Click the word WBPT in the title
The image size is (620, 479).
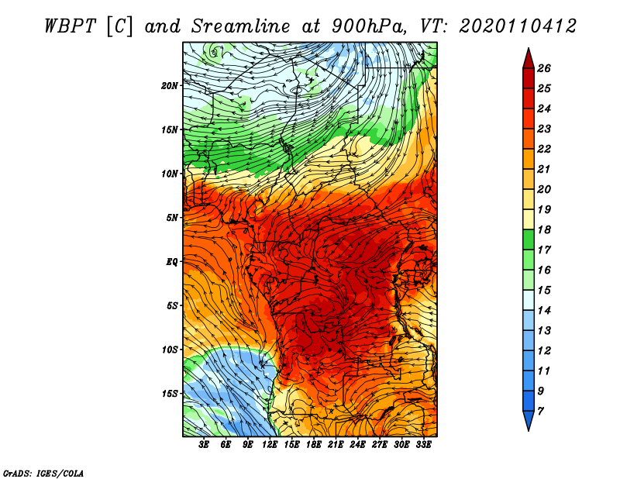pyautogui.click(x=71, y=26)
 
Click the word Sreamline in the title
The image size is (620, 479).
pyautogui.click(x=241, y=26)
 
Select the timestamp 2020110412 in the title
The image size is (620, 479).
pyautogui.click(x=518, y=26)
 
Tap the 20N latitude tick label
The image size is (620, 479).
pyautogui.click(x=170, y=86)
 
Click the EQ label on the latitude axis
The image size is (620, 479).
pyautogui.click(x=172, y=262)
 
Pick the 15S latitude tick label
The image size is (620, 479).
pyautogui.click(x=170, y=394)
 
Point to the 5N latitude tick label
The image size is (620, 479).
pyautogui.click(x=172, y=218)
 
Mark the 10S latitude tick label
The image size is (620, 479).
pyautogui.click(x=170, y=350)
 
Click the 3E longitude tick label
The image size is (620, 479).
pyautogui.click(x=204, y=445)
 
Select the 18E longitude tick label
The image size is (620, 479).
pyautogui.click(x=314, y=445)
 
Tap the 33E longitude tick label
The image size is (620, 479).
pyautogui.click(x=423, y=445)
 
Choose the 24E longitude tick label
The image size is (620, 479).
pyautogui.click(x=357, y=445)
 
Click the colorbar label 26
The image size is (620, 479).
pyautogui.click(x=544, y=68)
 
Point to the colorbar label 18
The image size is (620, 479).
pyautogui.click(x=544, y=229)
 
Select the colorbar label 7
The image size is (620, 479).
pyautogui.click(x=540, y=412)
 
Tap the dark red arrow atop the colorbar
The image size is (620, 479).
pyautogui.click(x=529, y=59)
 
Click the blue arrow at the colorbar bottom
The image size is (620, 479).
pyautogui.click(x=529, y=421)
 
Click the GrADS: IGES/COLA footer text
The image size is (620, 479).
pyautogui.click(x=43, y=473)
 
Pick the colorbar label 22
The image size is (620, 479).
pyautogui.click(x=544, y=149)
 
